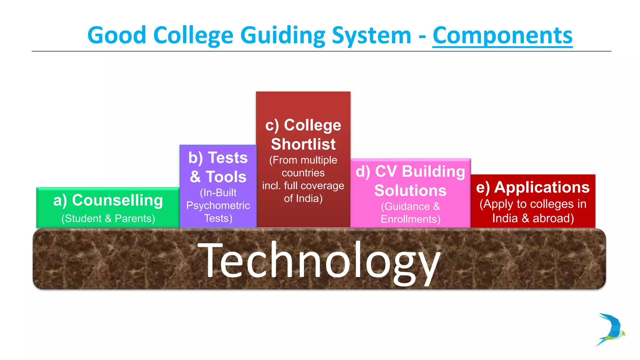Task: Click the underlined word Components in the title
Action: [x=502, y=35]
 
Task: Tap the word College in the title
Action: [x=193, y=35]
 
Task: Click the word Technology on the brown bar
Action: [x=319, y=261]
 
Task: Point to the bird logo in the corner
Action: [x=611, y=329]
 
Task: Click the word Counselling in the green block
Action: [x=117, y=200]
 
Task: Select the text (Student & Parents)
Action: [x=108, y=218]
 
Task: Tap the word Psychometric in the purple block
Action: [x=218, y=205]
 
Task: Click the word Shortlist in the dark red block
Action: [x=303, y=144]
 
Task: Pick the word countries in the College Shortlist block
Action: [x=303, y=173]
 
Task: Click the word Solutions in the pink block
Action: [x=410, y=190]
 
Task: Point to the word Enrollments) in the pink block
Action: [x=410, y=219]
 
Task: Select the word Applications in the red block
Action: [x=542, y=187]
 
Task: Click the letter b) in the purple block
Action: [x=196, y=158]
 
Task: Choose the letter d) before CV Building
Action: [x=363, y=172]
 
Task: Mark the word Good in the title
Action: [x=117, y=35]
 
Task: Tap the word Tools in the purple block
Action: [x=226, y=177]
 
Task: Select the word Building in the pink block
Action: [x=433, y=172]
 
